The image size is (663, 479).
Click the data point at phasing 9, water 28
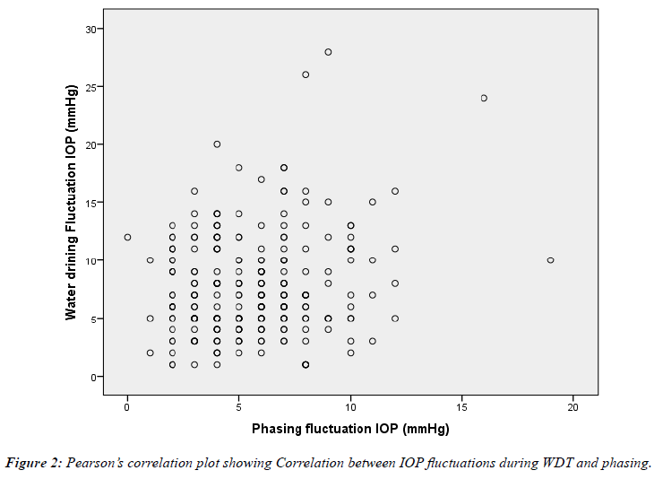(328, 52)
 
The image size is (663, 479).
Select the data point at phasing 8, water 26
(306, 74)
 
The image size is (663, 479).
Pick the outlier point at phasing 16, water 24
(484, 98)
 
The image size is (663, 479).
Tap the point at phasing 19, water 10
(551, 260)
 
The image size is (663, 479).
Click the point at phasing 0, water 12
(127, 237)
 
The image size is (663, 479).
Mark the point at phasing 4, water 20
(217, 144)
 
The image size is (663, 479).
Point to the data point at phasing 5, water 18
(239, 168)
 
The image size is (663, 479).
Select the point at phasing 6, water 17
(262, 179)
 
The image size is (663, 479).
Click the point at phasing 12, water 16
(395, 191)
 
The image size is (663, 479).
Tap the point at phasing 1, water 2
(150, 353)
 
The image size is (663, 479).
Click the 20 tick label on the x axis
(573, 408)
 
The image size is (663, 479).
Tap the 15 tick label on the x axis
(461, 408)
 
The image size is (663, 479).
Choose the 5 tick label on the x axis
(239, 408)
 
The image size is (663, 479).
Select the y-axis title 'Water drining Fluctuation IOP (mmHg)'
(70, 203)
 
